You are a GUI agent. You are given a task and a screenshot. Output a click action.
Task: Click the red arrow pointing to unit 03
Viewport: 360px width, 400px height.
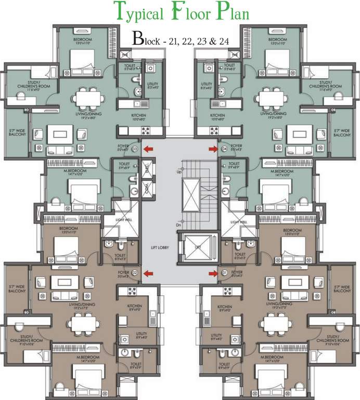tap(148, 149)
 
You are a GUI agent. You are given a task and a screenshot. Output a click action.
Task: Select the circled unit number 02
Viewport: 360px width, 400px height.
tap(134, 272)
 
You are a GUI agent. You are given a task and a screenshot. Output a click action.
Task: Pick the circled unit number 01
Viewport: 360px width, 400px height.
tap(225, 272)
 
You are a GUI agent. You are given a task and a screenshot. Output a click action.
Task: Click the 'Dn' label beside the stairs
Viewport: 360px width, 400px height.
tap(179, 210)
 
